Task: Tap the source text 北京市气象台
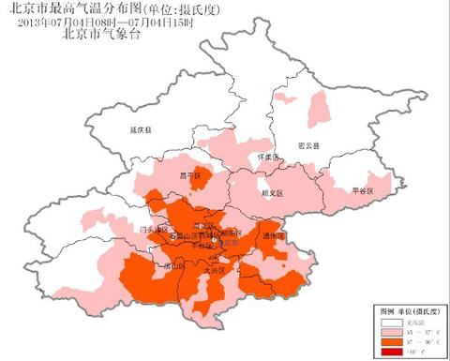pyautogui.click(x=100, y=34)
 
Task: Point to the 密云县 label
pyautogui.click(x=308, y=147)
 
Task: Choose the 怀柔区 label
pyautogui.click(x=268, y=158)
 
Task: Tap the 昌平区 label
pyautogui.click(x=190, y=174)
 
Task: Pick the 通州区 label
pyautogui.click(x=273, y=236)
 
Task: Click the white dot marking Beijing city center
pyautogui.click(x=215, y=241)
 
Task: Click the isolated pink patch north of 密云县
pyautogui.click(x=320, y=109)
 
